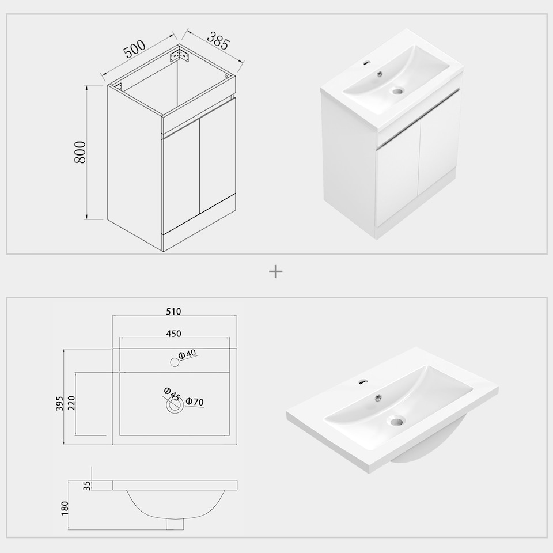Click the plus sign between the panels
point(276,271)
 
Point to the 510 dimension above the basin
point(174,312)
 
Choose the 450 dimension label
point(174,334)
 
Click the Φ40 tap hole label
point(188,355)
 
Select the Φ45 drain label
point(172,395)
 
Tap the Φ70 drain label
point(195,402)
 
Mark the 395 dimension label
point(59,397)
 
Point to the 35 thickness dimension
point(87,485)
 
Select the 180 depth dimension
point(65,507)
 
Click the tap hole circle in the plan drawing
point(174,362)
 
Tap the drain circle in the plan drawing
point(174,406)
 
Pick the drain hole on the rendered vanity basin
point(397,90)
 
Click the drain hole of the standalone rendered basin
point(396,421)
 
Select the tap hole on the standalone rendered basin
point(363,380)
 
